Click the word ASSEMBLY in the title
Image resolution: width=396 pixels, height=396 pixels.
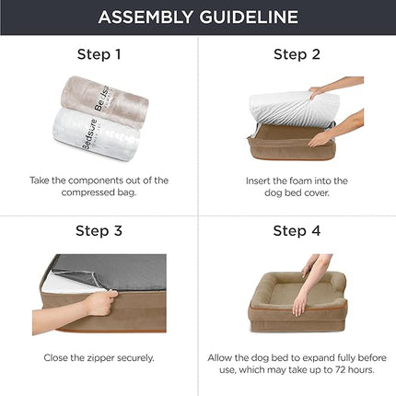(x=146, y=17)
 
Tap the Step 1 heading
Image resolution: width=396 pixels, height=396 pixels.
(x=99, y=54)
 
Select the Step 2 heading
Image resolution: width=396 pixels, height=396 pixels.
(x=296, y=54)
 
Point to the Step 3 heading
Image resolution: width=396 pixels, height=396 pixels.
(x=99, y=230)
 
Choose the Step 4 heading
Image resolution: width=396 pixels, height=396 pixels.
(x=296, y=230)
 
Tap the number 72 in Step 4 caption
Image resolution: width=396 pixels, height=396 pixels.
(x=341, y=369)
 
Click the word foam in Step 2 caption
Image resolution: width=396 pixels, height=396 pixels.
(x=291, y=181)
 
